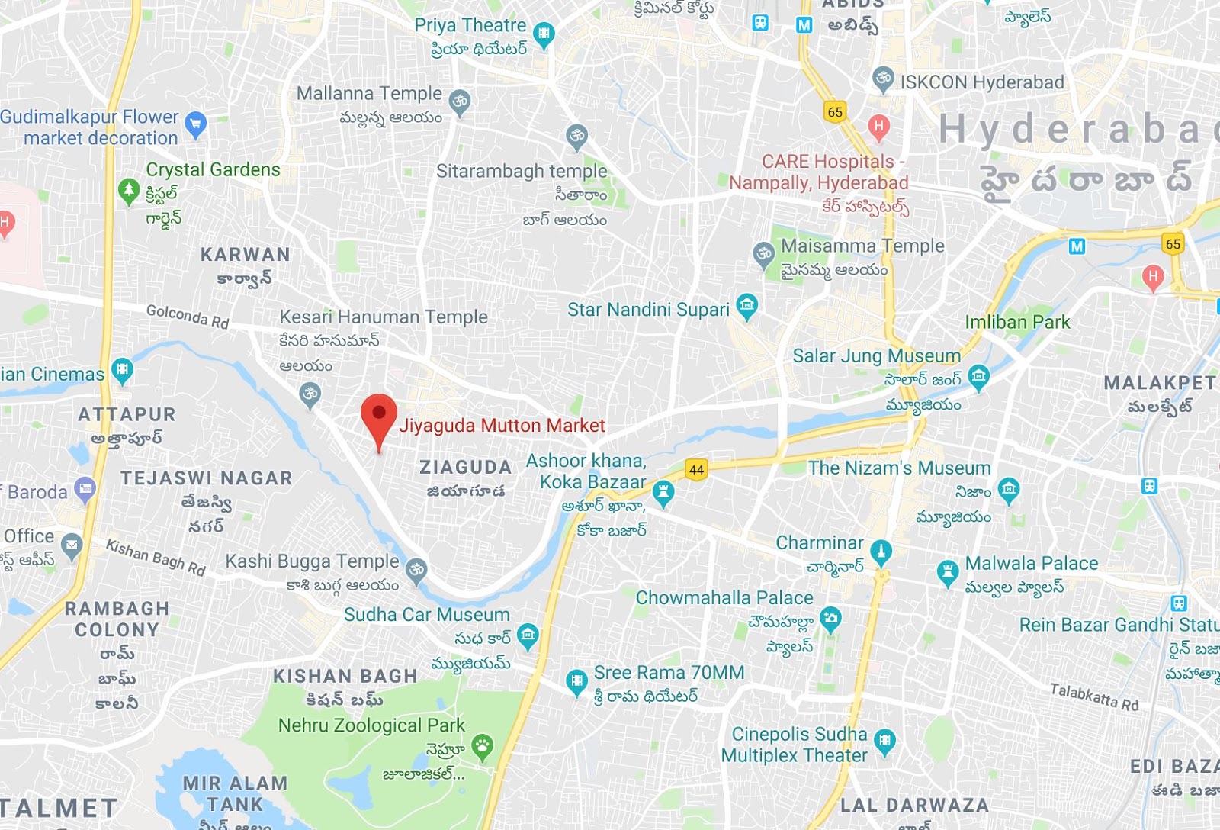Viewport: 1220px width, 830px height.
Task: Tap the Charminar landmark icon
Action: pyautogui.click(x=881, y=551)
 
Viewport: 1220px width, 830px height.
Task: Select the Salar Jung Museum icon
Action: pyautogui.click(x=978, y=375)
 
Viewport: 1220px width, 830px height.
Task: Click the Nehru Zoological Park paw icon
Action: pyautogui.click(x=482, y=745)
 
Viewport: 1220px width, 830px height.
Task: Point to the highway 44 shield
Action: pyautogui.click(x=696, y=469)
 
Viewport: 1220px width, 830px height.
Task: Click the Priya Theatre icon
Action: pyautogui.click(x=543, y=34)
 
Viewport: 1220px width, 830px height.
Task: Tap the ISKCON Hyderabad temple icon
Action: pyautogui.click(x=882, y=79)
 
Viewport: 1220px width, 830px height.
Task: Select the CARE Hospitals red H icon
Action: pyautogui.click(x=878, y=127)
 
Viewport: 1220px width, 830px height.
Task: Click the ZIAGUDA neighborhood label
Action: pyautogui.click(x=465, y=467)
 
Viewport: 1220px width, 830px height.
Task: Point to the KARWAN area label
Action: pyautogui.click(x=245, y=254)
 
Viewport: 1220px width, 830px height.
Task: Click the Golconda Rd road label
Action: pyautogui.click(x=188, y=315)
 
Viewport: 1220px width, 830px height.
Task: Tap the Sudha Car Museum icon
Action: pyautogui.click(x=527, y=635)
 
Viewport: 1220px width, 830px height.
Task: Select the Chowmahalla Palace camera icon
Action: pyautogui.click(x=830, y=618)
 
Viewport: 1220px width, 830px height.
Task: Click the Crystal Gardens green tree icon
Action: pyautogui.click(x=129, y=190)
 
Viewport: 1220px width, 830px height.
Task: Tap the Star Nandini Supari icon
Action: pyautogui.click(x=746, y=307)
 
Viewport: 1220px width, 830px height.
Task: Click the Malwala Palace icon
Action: pyautogui.click(x=947, y=571)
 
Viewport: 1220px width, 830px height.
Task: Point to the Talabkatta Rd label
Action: pyautogui.click(x=1093, y=696)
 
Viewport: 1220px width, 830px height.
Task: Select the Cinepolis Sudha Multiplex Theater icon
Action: pyautogui.click(x=884, y=740)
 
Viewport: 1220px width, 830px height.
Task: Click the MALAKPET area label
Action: pyautogui.click(x=1159, y=382)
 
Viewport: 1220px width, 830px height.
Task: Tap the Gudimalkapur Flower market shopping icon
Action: pyautogui.click(x=196, y=124)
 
